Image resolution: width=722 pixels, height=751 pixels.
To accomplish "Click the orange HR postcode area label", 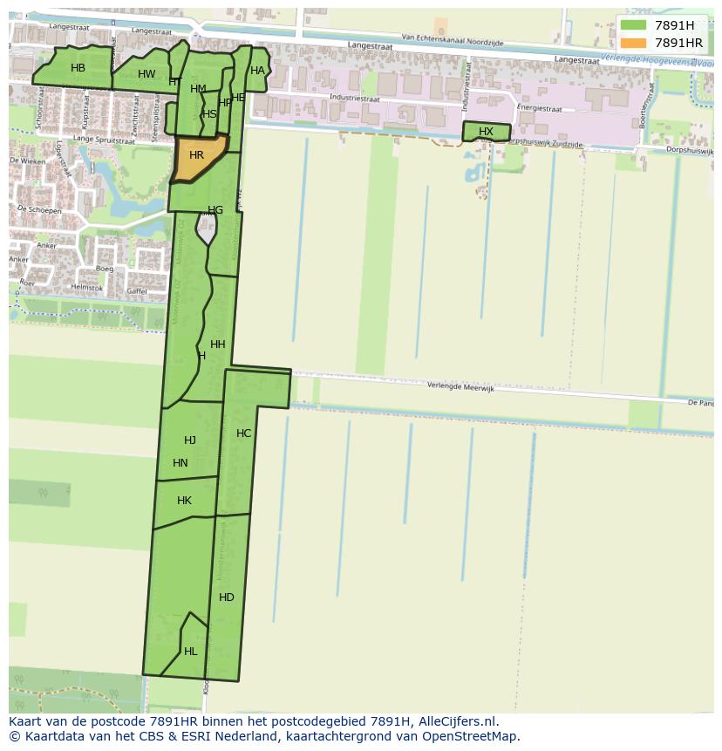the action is pyautogui.click(x=196, y=155).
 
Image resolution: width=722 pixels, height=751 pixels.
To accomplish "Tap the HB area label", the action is pyautogui.click(x=78, y=68).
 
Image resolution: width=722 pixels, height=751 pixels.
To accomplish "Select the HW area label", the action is pyautogui.click(x=146, y=74).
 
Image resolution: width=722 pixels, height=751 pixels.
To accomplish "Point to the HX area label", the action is pyautogui.click(x=486, y=132).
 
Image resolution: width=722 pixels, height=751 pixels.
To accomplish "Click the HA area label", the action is pyautogui.click(x=257, y=71).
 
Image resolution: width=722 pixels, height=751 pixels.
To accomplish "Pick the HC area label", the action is pyautogui.click(x=243, y=434).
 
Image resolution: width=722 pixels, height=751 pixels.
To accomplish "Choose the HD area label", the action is pyautogui.click(x=227, y=597).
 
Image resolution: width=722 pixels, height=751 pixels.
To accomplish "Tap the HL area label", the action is pyautogui.click(x=190, y=652).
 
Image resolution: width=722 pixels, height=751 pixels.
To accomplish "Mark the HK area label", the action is pyautogui.click(x=184, y=501).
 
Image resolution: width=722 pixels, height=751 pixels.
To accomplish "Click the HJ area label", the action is pyautogui.click(x=190, y=440).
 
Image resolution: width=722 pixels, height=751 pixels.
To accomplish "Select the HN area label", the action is pyautogui.click(x=180, y=463).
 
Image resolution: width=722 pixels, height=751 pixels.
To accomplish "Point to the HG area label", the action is pyautogui.click(x=215, y=210).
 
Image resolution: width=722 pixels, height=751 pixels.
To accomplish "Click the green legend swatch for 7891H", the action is pyautogui.click(x=634, y=25).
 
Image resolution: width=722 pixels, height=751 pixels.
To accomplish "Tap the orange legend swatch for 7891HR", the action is pyautogui.click(x=634, y=43).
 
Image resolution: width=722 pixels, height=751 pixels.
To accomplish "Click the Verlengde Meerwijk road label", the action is pyautogui.click(x=460, y=387).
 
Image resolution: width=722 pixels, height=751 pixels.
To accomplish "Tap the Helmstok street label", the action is pyautogui.click(x=87, y=288).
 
